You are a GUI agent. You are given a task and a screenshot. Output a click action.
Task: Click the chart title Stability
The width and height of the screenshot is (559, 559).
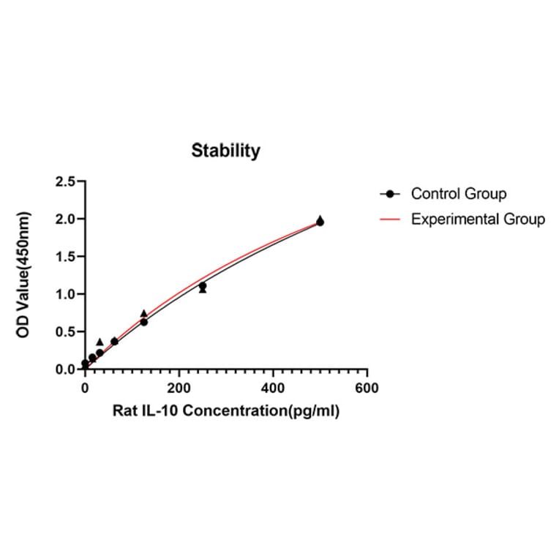point(225,151)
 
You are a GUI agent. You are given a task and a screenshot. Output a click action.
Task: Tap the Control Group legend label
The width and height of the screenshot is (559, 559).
point(459,194)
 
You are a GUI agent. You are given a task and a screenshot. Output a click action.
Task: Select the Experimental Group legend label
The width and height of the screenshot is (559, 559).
point(478,219)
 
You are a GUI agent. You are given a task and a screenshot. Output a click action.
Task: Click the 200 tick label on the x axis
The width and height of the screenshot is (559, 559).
point(179,388)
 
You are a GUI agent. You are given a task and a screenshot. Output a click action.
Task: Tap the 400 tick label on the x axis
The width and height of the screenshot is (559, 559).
point(273,388)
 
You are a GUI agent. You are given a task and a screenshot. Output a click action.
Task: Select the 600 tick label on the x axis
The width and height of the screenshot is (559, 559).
point(367,388)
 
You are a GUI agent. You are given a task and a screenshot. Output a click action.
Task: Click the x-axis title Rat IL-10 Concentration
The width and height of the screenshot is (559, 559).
point(226,410)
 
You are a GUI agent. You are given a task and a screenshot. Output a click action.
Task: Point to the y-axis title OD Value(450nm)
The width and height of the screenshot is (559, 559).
point(24,275)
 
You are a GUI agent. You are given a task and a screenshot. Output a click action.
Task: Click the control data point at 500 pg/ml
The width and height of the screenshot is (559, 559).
point(320,222)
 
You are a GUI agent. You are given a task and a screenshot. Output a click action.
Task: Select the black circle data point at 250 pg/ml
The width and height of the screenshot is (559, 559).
point(203,286)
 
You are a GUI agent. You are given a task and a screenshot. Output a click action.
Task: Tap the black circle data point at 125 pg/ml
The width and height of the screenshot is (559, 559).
point(144,322)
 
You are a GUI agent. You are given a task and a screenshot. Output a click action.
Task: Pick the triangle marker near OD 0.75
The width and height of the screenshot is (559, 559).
point(144,313)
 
